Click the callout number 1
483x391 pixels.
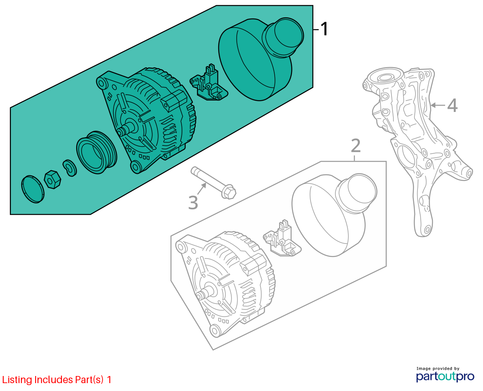(324, 29)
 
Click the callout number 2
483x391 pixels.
(356, 146)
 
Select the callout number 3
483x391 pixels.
(193, 203)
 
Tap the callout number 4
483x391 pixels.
(452, 105)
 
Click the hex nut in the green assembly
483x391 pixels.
(52, 179)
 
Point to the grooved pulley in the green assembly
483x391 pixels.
(97, 152)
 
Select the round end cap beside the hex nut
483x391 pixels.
(33, 189)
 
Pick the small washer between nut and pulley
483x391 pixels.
(69, 168)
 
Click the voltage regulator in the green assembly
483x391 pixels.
(209, 83)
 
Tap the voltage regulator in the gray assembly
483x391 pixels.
(282, 238)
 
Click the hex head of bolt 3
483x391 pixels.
(229, 192)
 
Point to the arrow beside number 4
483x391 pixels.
(438, 105)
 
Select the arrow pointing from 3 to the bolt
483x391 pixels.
(202, 189)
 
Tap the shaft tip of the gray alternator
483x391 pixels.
(200, 296)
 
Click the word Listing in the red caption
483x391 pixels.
(17, 380)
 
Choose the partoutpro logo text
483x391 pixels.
(445, 376)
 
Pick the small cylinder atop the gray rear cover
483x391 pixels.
(356, 193)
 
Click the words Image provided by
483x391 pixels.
(438, 369)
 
